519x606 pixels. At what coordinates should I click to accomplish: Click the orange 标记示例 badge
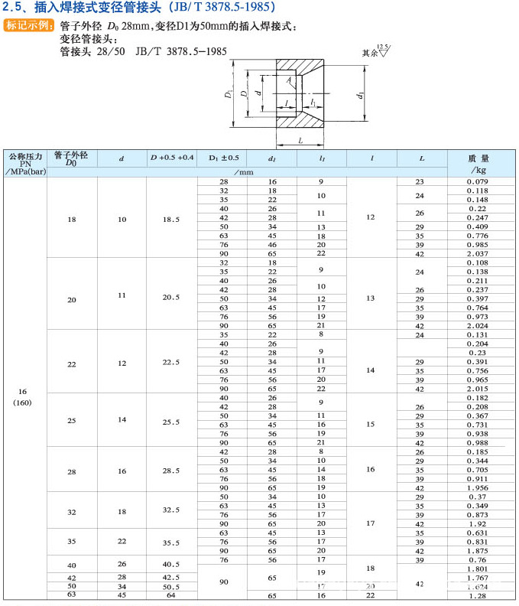(30, 26)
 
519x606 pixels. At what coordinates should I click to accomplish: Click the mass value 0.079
(477, 181)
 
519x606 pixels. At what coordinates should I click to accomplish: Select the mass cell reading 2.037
(477, 253)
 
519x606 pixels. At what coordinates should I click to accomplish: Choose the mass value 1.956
(477, 487)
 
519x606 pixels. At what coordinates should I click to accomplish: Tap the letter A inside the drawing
(289, 80)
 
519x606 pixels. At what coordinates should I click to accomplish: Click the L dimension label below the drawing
(300, 140)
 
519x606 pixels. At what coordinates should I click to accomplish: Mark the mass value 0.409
(477, 226)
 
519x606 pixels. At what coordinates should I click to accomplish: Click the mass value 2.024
(477, 325)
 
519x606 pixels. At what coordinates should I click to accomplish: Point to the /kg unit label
(478, 170)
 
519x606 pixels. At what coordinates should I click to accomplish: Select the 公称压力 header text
(24, 155)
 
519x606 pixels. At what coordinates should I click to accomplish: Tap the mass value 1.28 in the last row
(477, 595)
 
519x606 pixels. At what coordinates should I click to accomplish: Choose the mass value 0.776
(477, 236)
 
